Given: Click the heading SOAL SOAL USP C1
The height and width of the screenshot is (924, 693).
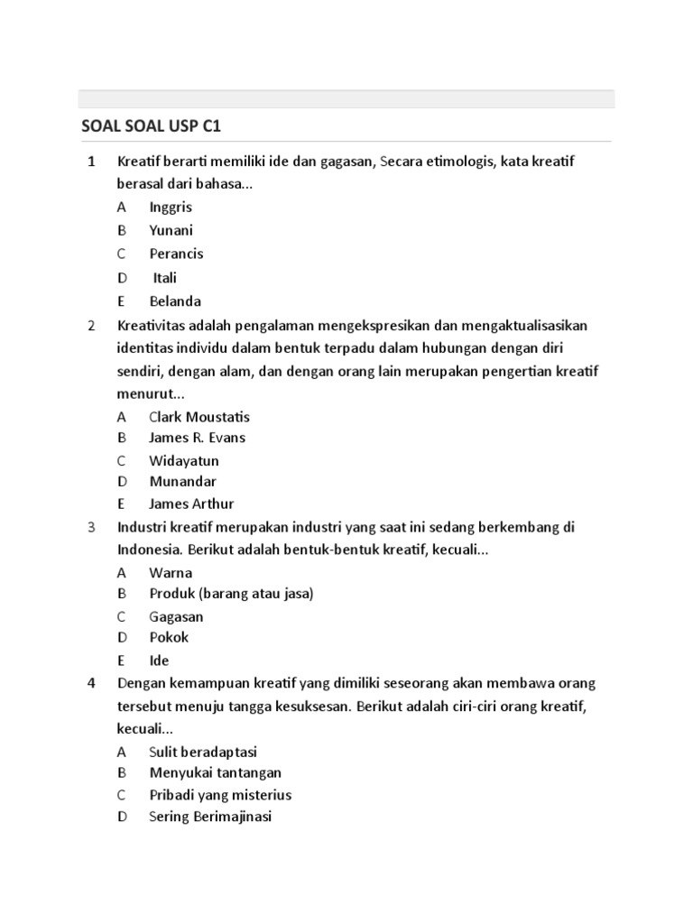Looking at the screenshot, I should (x=151, y=125).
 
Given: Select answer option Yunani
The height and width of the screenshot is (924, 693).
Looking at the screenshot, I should (x=171, y=230).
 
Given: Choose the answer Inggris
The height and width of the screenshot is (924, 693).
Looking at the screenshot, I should (x=171, y=207).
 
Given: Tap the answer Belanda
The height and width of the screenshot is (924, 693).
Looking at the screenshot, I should (x=175, y=301).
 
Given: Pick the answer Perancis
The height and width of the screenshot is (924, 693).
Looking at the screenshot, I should (x=176, y=254).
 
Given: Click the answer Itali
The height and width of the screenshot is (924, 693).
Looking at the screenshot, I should (x=165, y=278).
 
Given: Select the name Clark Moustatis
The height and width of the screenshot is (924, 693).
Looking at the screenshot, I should (x=199, y=417).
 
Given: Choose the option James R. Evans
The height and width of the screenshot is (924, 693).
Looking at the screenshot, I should (x=197, y=438).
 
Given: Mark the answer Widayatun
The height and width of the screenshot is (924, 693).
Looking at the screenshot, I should (x=184, y=461).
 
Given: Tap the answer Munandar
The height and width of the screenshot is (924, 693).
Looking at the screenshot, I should (x=183, y=482).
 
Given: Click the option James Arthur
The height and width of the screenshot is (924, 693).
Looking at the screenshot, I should (x=191, y=504).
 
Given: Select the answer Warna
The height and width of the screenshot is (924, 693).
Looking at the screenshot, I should (x=171, y=573).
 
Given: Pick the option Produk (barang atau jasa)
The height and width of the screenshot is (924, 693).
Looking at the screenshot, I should (x=232, y=594).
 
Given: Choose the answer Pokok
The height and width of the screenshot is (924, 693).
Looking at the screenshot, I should (x=169, y=637).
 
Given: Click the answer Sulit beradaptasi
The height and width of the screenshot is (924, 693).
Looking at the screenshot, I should (x=204, y=752).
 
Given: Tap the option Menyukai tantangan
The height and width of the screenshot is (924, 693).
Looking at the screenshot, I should (x=215, y=772).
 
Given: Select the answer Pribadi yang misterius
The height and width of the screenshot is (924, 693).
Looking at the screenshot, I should (x=220, y=795).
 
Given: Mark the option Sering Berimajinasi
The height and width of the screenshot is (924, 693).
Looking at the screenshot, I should (x=210, y=817).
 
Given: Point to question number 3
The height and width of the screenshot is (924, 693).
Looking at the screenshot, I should (x=91, y=527).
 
